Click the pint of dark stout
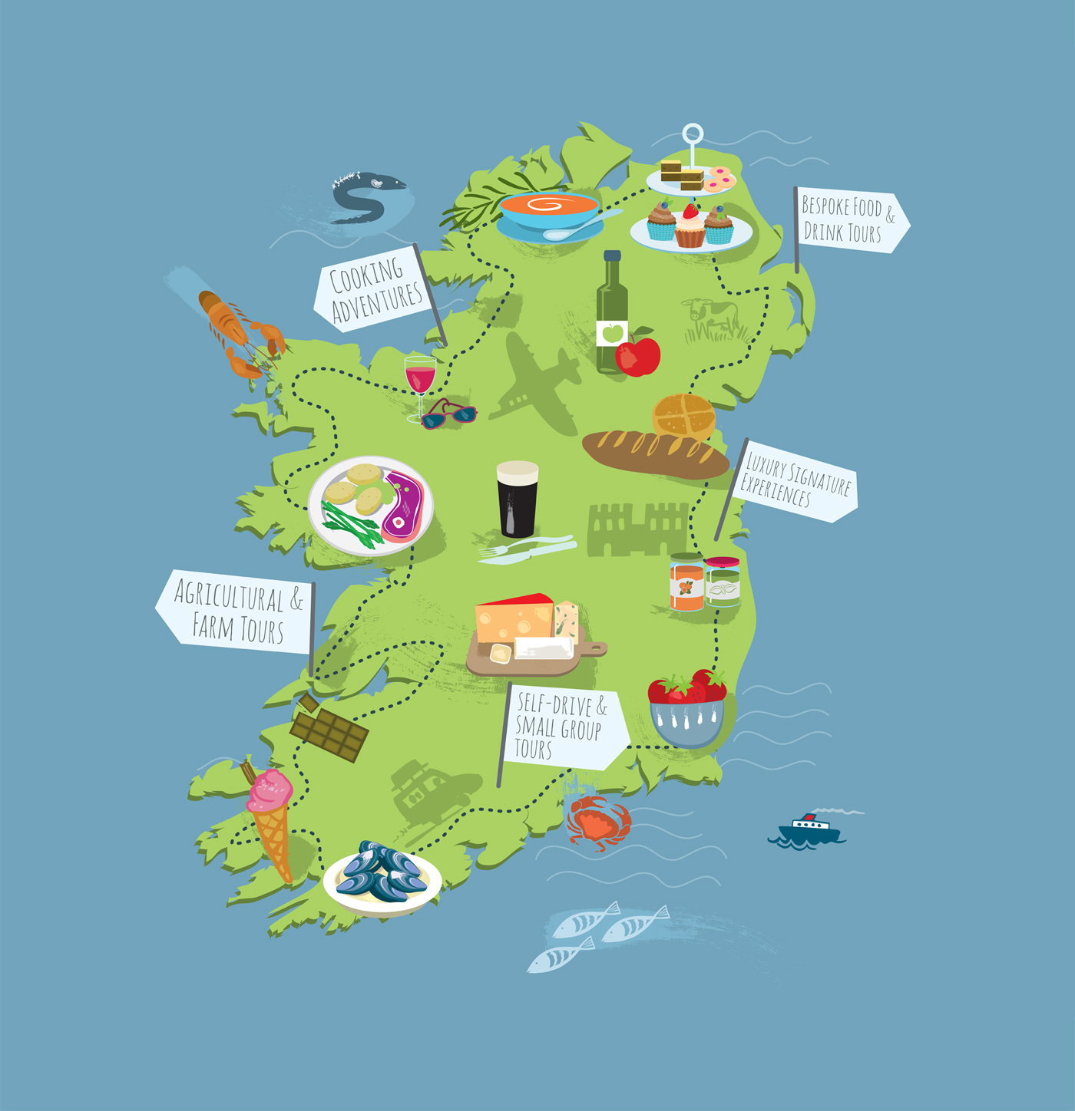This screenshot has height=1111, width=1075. pyautogui.click(x=518, y=499)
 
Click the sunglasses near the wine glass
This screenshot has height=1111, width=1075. pyautogui.click(x=449, y=414)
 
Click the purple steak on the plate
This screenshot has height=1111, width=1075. pyautogui.click(x=404, y=507)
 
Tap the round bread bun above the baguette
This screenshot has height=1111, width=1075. pyautogui.click(x=683, y=417)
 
